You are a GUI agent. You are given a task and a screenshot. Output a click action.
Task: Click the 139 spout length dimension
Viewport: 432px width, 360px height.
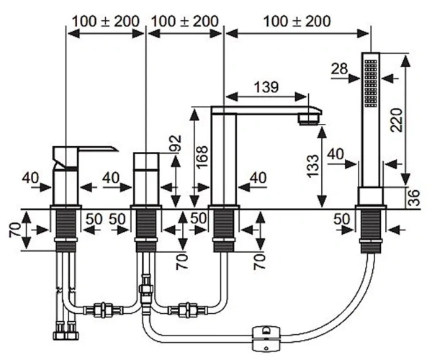point(266,87)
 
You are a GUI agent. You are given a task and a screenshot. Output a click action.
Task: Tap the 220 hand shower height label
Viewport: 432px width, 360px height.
point(397,120)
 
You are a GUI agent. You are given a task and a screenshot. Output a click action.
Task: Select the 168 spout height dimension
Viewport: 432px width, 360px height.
point(202,156)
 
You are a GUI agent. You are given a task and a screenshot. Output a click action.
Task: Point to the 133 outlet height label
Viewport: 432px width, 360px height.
point(313,166)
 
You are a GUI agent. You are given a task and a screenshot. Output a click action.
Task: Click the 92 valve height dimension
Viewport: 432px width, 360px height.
point(176,143)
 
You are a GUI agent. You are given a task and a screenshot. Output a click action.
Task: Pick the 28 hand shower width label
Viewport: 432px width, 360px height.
point(339,69)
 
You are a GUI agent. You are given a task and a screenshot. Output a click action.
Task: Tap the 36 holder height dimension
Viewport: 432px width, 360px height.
point(414,197)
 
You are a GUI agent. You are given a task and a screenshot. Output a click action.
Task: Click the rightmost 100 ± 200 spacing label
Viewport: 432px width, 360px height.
point(297,21)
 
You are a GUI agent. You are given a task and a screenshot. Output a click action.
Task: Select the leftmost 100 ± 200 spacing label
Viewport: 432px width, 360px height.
point(106,21)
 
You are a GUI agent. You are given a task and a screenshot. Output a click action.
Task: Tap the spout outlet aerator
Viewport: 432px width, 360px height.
point(309,119)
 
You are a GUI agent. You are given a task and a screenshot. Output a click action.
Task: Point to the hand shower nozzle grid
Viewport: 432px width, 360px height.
point(371,84)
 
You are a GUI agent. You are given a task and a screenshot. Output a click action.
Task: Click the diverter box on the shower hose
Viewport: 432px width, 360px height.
point(266,338)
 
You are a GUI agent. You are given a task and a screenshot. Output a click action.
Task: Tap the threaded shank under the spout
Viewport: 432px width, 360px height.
point(223,230)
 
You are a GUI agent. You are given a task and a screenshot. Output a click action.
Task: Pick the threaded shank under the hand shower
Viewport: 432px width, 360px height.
point(371,231)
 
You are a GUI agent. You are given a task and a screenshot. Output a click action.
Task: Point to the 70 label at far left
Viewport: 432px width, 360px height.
point(15,230)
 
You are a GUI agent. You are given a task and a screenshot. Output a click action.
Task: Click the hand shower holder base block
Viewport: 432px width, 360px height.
point(371,196)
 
